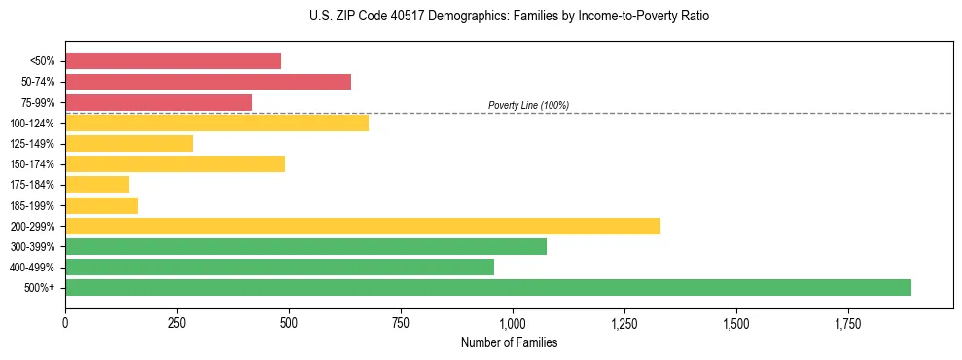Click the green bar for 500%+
tap(487, 287)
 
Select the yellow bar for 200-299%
tap(362, 226)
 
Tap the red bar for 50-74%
tap(207, 82)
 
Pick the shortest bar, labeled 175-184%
tap(97, 184)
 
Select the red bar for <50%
tap(172, 61)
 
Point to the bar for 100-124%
tap(216, 123)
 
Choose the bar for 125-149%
tap(128, 143)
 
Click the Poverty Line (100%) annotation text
tap(528, 105)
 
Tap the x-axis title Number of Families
tap(509, 342)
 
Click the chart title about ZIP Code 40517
tap(509, 17)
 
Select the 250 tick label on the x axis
tap(177, 323)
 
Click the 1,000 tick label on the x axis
tap(512, 323)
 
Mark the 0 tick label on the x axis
tap(65, 323)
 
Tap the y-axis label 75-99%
tap(37, 103)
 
